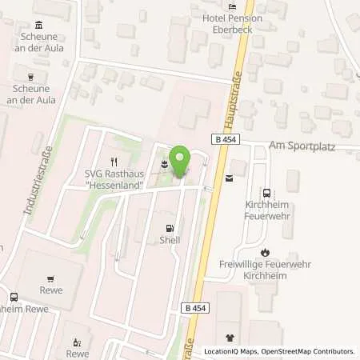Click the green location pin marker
tap(181, 162)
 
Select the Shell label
tap(170, 239)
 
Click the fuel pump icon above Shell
tap(170, 226)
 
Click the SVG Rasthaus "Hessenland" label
tap(116, 178)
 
